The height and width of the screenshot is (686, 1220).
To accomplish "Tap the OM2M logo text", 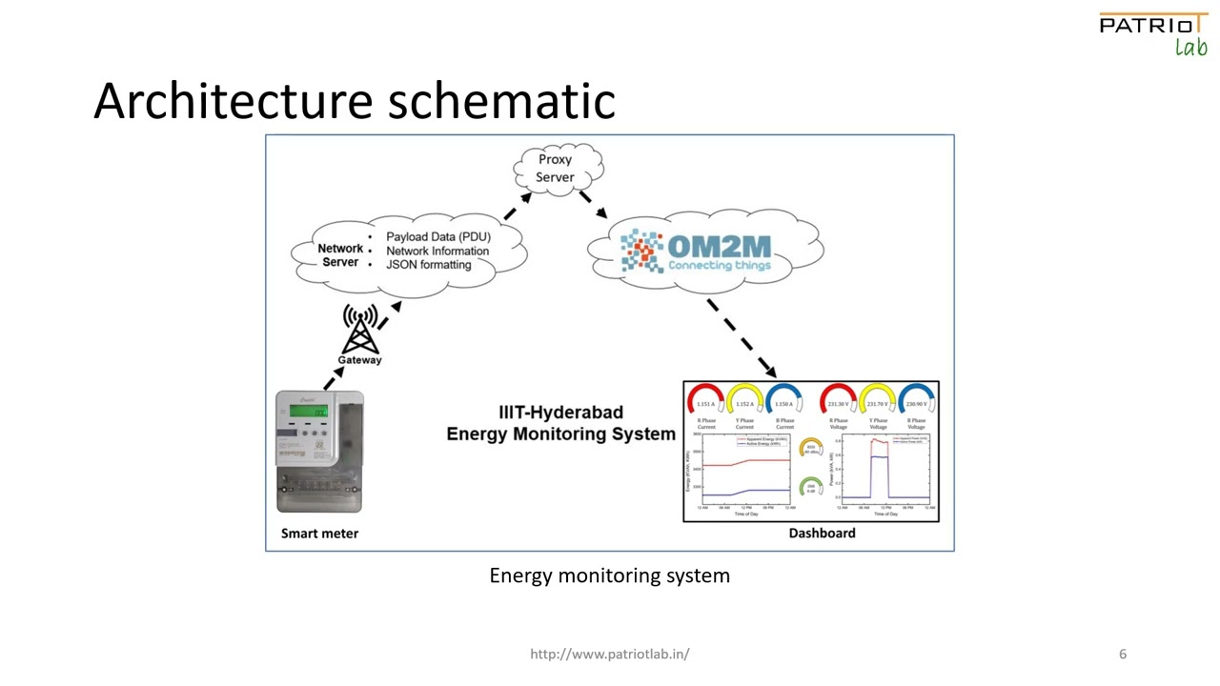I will click(x=719, y=247).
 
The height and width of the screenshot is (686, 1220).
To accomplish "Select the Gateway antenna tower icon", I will click(x=360, y=329).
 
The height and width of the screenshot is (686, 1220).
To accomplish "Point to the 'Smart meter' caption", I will click(x=319, y=534).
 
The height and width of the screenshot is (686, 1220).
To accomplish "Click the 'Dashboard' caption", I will click(x=822, y=534).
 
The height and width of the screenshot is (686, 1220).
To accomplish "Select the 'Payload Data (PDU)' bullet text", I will click(x=437, y=236).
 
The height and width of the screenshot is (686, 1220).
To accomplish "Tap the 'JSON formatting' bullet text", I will click(x=428, y=265).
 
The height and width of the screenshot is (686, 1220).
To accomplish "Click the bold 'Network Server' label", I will click(x=340, y=255).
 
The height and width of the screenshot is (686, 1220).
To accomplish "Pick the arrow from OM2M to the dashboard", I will click(x=741, y=338).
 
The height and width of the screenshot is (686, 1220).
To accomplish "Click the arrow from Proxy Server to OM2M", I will click(x=592, y=202).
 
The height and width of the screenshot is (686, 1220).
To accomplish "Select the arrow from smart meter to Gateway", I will click(x=333, y=378).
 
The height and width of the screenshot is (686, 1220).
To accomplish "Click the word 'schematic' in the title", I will click(x=501, y=100).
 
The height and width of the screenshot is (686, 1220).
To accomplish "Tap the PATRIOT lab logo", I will click(x=1152, y=33).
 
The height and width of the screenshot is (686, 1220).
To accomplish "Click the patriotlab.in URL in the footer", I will click(x=609, y=654).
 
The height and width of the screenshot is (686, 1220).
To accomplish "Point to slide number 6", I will click(x=1123, y=654).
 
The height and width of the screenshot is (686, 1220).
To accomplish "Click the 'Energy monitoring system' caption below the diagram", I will click(x=609, y=575).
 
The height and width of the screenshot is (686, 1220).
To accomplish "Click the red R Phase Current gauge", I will click(x=705, y=399).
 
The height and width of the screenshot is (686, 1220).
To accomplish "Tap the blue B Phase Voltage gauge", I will click(x=916, y=399).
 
